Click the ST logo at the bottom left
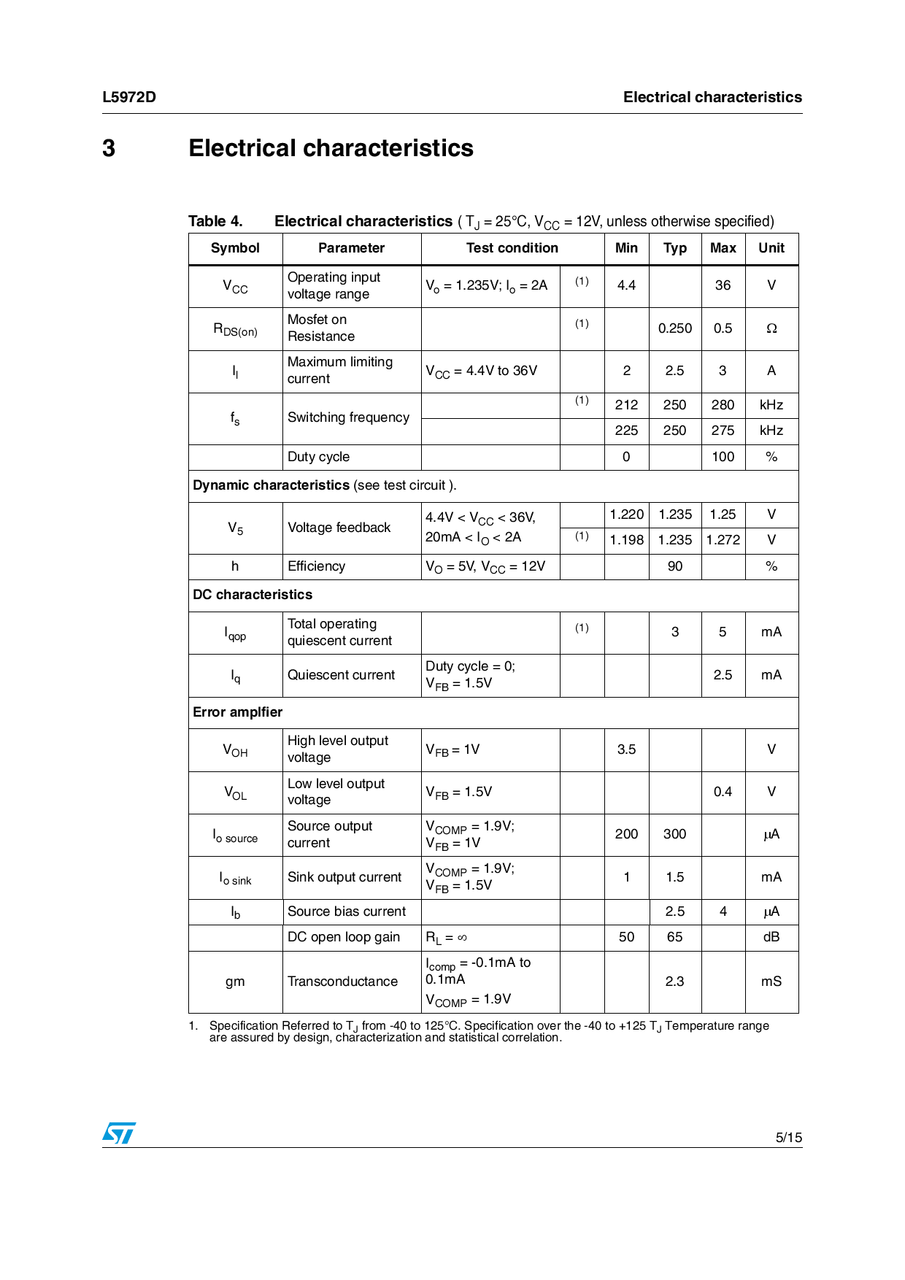(118, 1133)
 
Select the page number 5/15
(788, 1137)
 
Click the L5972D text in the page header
(129, 97)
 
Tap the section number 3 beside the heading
(109, 148)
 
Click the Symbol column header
(235, 248)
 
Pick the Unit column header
(771, 248)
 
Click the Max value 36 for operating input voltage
(723, 285)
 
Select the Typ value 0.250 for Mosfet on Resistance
(674, 328)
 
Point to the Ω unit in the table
(771, 328)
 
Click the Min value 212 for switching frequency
(626, 405)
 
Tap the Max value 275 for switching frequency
(723, 431)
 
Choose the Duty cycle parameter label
(318, 457)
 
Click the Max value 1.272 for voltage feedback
(723, 540)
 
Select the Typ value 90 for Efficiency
(674, 566)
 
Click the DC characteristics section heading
(253, 595)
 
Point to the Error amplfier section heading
(237, 712)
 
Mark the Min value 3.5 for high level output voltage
(626, 749)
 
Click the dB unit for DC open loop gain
(771, 937)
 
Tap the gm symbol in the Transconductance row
(235, 982)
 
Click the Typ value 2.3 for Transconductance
(674, 982)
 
